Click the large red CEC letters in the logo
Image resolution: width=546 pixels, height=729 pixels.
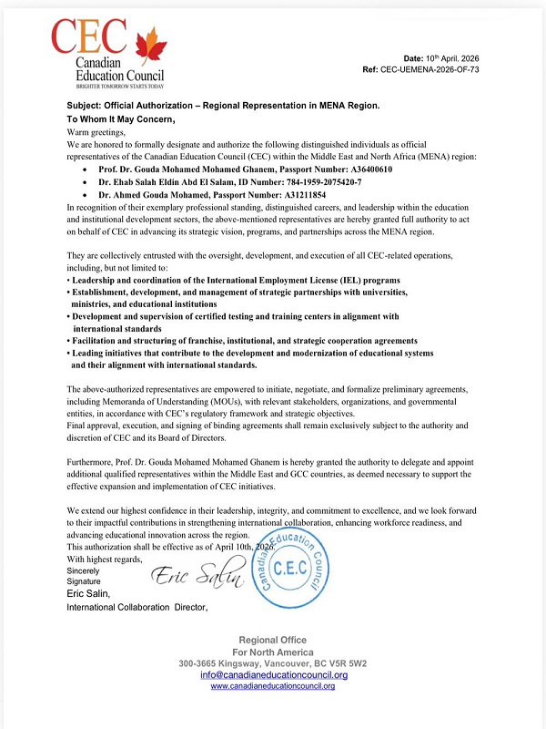tap(90, 39)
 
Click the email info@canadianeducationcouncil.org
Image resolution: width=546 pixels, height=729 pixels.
tap(274, 675)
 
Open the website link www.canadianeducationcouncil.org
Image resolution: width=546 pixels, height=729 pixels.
tap(273, 686)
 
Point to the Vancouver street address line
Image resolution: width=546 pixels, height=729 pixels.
tap(273, 663)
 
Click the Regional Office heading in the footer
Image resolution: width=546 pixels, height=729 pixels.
tap(273, 640)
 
